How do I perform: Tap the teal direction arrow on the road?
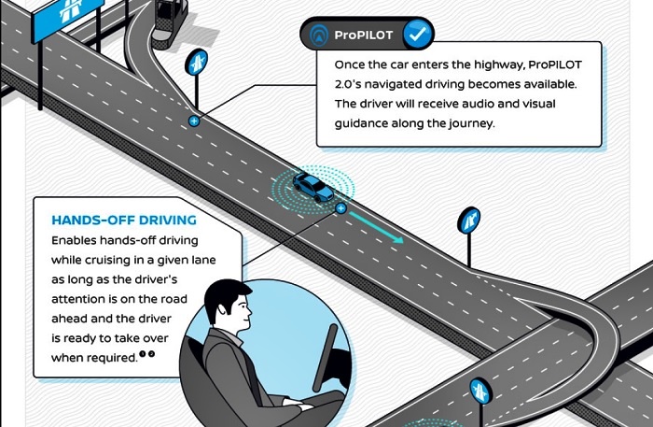pyautogui.click(x=379, y=230)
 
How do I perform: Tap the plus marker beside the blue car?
pyautogui.click(x=341, y=208)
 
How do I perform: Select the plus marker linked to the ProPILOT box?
pyautogui.click(x=194, y=121)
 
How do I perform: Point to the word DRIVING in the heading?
pyautogui.click(x=168, y=221)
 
